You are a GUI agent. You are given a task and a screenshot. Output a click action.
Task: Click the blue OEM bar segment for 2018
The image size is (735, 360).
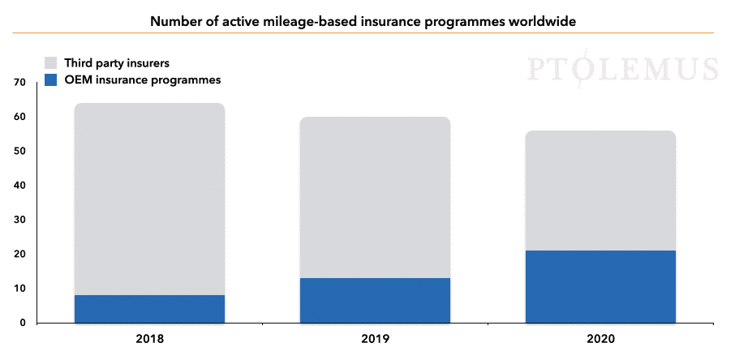coord(149,309)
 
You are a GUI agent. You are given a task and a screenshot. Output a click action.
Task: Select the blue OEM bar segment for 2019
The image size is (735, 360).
coord(375,301)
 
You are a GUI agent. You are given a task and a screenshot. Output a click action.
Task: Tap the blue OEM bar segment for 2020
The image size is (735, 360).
coord(600,286)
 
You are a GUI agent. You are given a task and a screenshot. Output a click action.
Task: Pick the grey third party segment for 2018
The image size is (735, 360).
coord(149,199)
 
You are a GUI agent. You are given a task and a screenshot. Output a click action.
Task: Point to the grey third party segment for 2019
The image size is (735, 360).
coord(375,197)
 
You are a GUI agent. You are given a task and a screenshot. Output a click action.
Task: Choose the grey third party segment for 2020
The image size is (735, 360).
coord(600,191)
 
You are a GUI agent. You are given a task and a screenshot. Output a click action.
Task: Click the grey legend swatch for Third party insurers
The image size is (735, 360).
coord(50,62)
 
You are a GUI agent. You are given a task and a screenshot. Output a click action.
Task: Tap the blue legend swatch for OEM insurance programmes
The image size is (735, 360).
coord(50,79)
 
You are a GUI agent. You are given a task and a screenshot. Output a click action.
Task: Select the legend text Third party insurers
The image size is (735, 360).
coord(117,62)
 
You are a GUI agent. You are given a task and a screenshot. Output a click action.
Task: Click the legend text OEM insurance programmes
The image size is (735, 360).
coord(143,80)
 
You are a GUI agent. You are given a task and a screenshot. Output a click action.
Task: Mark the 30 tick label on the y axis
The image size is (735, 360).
coord(19,220)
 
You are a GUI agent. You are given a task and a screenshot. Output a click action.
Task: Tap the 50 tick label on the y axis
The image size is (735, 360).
coord(19,152)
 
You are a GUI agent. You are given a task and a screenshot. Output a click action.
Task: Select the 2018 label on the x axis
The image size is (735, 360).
coord(150,339)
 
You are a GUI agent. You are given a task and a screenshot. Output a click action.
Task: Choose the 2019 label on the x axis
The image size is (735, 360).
coord(376,339)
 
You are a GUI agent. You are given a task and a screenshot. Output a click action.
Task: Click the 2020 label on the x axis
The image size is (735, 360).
coord(601,339)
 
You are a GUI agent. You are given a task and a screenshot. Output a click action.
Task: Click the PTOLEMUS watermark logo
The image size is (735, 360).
coord(622,68)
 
